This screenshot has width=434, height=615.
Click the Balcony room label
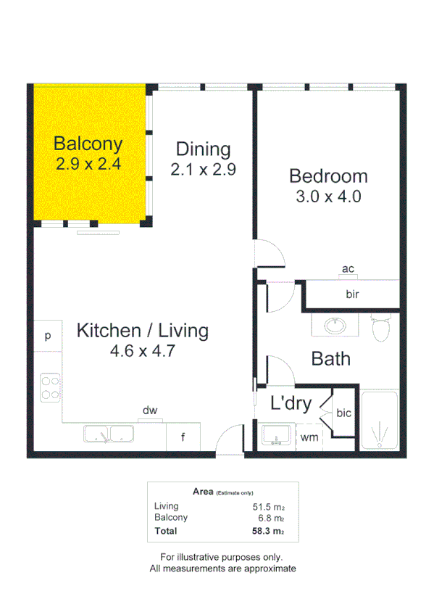pyautogui.click(x=88, y=143)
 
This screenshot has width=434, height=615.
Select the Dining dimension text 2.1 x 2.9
pyautogui.click(x=204, y=170)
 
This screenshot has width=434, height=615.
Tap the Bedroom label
pyautogui.click(x=328, y=176)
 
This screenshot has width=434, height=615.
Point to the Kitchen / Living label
pyautogui.click(x=143, y=331)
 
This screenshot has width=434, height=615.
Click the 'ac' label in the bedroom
pyautogui.click(x=348, y=270)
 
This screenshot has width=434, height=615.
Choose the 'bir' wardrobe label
pyautogui.click(x=353, y=294)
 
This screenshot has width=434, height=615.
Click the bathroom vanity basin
pyautogui.click(x=335, y=326)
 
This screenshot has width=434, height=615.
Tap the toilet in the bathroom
pyautogui.click(x=380, y=328)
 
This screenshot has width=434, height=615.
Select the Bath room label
pyautogui.click(x=330, y=358)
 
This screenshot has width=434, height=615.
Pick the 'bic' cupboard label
pyautogui.click(x=343, y=413)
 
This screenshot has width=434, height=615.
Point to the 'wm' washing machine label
pyautogui.click(x=309, y=437)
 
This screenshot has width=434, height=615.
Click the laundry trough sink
pyautogui.click(x=277, y=437)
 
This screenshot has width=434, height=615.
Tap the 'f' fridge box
pyautogui.click(x=183, y=437)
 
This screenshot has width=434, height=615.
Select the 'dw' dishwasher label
pyautogui.click(x=149, y=411)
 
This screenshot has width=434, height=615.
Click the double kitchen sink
pyautogui.click(x=108, y=435)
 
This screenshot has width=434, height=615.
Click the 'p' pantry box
pyautogui.click(x=48, y=336)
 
